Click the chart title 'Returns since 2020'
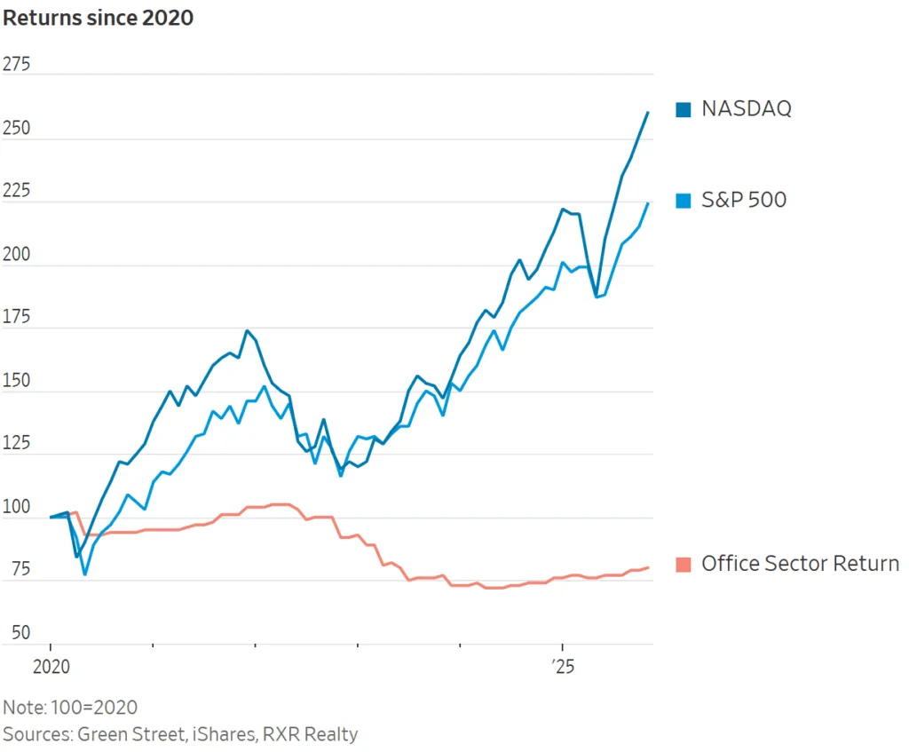click(x=98, y=17)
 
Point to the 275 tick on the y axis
click(x=17, y=65)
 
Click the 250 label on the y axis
click(x=17, y=128)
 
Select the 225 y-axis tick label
click(x=17, y=191)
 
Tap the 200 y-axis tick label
click(x=17, y=254)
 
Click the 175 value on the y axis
click(x=17, y=317)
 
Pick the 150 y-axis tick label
click(x=17, y=380)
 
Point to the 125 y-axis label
click(x=17, y=443)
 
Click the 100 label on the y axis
click(x=17, y=507)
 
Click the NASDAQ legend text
click(x=746, y=109)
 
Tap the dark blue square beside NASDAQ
click(x=683, y=109)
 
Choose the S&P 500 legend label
click(x=744, y=200)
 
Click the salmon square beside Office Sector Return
click(x=683, y=564)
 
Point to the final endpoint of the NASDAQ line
click(x=648, y=112)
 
